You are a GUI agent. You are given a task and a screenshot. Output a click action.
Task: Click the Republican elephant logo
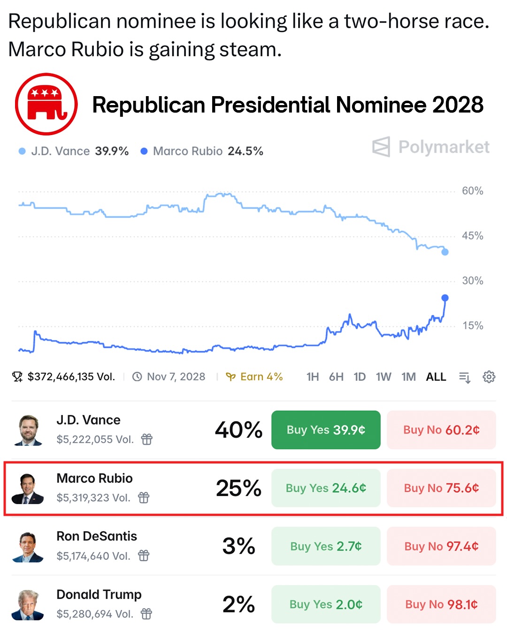(x=46, y=104)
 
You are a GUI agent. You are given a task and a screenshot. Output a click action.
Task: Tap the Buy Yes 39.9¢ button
(x=326, y=430)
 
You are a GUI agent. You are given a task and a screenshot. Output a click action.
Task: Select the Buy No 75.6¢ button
(x=441, y=488)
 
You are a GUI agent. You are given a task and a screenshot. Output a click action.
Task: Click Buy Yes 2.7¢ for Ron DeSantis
(x=326, y=546)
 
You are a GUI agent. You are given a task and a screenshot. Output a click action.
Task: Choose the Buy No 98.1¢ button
(x=441, y=604)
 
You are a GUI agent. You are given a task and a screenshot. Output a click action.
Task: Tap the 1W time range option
(x=383, y=377)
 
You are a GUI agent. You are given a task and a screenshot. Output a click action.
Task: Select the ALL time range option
(x=436, y=377)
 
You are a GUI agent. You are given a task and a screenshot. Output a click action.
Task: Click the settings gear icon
(x=489, y=377)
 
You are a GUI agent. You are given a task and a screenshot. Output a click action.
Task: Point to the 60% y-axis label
(x=472, y=191)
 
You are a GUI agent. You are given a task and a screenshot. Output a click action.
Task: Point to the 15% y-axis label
(x=472, y=325)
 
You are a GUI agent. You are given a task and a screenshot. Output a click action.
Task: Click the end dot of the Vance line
(x=445, y=252)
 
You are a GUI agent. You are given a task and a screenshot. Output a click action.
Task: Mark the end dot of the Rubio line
(x=445, y=298)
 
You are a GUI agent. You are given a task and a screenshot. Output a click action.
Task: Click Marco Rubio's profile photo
(x=28, y=489)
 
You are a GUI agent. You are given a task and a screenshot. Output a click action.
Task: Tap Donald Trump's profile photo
(x=28, y=605)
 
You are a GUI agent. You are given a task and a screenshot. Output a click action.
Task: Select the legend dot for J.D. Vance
(x=22, y=151)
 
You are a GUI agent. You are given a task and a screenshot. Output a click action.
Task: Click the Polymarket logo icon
(x=381, y=147)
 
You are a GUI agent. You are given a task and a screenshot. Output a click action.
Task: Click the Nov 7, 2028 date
(x=176, y=377)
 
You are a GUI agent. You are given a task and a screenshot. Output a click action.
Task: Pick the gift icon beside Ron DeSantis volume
(x=144, y=556)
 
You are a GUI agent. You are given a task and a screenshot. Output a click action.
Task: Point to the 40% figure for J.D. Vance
(x=238, y=430)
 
